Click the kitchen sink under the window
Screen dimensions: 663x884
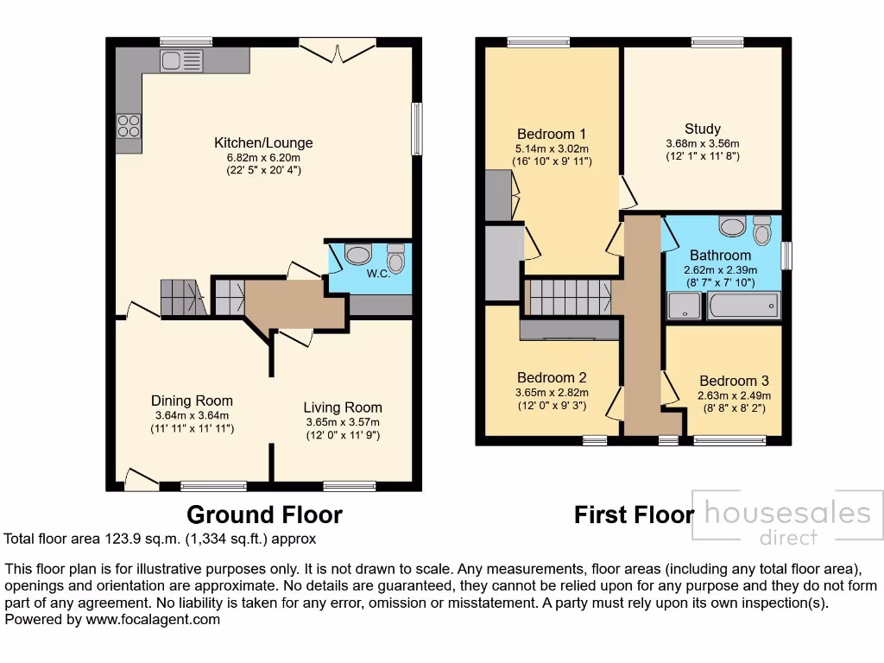pyautogui.click(x=181, y=60)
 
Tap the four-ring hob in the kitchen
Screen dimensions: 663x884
pyautogui.click(x=129, y=126)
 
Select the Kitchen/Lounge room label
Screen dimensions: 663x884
pyautogui.click(x=263, y=143)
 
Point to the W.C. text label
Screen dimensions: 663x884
pyautogui.click(x=378, y=275)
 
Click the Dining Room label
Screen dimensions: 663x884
pyautogui.click(x=192, y=401)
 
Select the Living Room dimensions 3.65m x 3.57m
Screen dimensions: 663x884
pyautogui.click(x=342, y=422)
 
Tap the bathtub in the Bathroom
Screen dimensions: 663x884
pyautogui.click(x=742, y=306)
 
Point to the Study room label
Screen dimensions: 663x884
pyautogui.click(x=703, y=129)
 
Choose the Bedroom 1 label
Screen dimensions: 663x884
pyautogui.click(x=552, y=134)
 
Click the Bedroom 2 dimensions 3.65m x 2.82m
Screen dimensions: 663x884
pyautogui.click(x=552, y=393)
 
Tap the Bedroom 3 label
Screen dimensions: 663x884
pyautogui.click(x=733, y=381)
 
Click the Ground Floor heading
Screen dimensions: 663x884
pyautogui.click(x=264, y=515)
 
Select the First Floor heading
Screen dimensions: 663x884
pyautogui.click(x=634, y=515)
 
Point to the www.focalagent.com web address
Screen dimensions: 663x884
pyautogui.click(x=151, y=619)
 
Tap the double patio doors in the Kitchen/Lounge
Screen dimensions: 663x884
pyautogui.click(x=337, y=49)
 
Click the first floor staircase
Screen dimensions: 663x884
pyautogui.click(x=571, y=295)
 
